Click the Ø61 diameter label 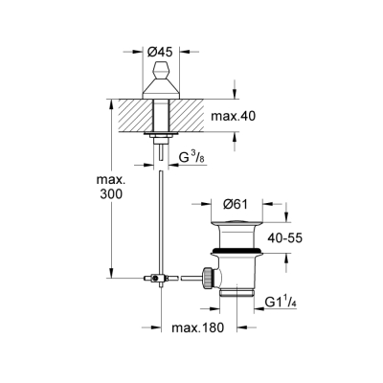tap(237, 203)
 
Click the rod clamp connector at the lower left tap(153, 280)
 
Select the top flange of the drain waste tap(236, 228)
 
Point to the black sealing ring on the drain tap(236, 252)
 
